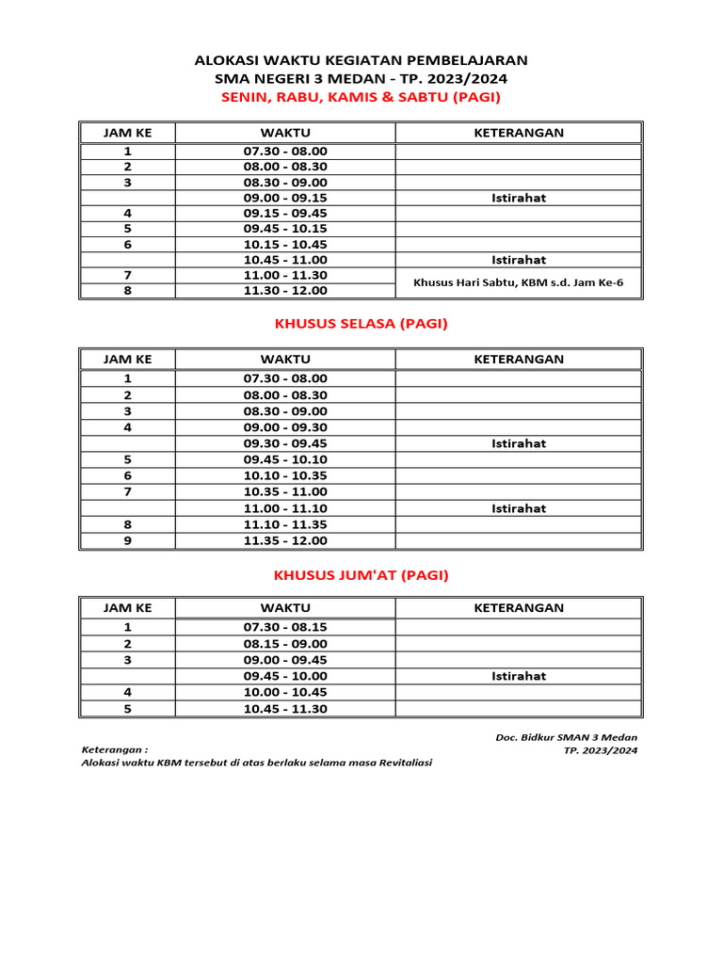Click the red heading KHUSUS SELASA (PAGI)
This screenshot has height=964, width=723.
click(361, 324)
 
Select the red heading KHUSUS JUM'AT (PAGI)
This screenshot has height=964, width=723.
click(361, 574)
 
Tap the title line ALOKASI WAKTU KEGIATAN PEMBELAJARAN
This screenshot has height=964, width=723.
click(361, 60)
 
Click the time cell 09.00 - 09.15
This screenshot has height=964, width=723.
click(285, 198)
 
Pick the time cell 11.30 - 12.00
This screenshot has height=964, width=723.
click(285, 291)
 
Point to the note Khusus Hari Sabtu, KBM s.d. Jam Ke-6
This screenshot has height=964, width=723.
click(519, 282)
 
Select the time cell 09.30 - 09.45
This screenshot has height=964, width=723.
click(285, 443)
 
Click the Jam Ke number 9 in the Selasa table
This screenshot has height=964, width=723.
click(127, 540)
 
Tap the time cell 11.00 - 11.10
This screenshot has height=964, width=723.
click(285, 508)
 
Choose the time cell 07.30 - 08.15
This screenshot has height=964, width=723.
click(285, 627)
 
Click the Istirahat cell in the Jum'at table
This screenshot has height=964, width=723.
click(519, 676)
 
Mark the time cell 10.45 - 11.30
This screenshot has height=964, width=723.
click(285, 709)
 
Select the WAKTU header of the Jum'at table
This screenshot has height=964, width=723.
click(285, 607)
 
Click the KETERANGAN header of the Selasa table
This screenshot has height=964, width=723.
click(519, 359)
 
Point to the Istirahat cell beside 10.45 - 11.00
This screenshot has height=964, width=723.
click(519, 260)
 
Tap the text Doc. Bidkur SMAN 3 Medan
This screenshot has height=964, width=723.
click(566, 737)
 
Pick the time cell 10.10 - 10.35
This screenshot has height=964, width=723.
click(285, 475)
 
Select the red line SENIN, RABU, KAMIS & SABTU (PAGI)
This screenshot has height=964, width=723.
click(361, 98)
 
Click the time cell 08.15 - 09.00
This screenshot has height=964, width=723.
click(285, 644)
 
